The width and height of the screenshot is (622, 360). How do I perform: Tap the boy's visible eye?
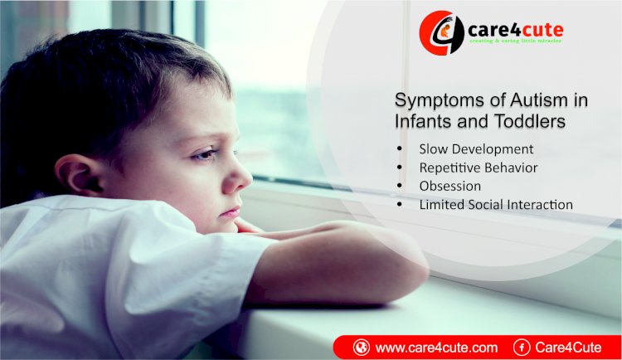pos(205,154)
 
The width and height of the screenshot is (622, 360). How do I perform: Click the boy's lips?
pos(231,212)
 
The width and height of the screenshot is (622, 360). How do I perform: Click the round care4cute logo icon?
pos(441,33)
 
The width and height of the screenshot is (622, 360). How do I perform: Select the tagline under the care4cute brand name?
pos(515,41)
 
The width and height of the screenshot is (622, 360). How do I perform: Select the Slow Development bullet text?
pos(476,149)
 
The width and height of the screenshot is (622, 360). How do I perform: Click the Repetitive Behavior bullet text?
pos(478,168)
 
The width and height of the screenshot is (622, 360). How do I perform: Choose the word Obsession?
pos(449,186)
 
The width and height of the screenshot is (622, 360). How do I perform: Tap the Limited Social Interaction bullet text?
pos(496,205)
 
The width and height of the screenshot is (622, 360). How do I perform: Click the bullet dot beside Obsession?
pos(400,185)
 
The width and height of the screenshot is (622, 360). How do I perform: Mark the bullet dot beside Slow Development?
pos(400,148)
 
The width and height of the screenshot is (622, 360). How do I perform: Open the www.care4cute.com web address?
pos(436,348)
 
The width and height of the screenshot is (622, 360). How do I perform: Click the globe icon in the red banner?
pos(362,348)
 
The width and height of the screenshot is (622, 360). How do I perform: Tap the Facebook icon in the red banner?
pos(522,348)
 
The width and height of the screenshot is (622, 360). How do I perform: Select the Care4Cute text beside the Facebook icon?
pos(568,348)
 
